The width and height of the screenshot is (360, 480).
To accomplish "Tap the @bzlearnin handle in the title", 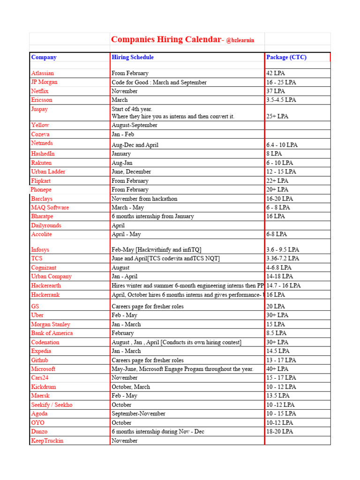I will [240, 41].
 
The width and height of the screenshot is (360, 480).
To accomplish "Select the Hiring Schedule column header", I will [133, 57].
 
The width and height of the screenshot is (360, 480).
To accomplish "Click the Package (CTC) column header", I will [286, 57].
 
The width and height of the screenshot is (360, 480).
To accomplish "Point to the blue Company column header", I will [44, 57].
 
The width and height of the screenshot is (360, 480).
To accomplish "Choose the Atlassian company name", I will [43, 73].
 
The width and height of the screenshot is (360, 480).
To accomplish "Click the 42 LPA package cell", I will [276, 73].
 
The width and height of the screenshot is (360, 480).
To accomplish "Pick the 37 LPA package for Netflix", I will [276, 91].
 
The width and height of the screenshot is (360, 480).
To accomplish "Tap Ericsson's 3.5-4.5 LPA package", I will [281, 100].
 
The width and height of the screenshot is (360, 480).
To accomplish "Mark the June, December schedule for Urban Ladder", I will [131, 172].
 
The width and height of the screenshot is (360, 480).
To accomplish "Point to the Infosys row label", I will [41, 250].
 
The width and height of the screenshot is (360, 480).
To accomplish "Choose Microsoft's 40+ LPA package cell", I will [277, 369].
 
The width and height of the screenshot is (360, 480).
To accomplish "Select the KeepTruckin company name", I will [47, 441].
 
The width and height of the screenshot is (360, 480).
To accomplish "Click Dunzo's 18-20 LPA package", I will [280, 432].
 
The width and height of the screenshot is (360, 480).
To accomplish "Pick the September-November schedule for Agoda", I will [138, 414].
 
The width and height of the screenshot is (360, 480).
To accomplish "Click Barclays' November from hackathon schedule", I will [144, 199].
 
